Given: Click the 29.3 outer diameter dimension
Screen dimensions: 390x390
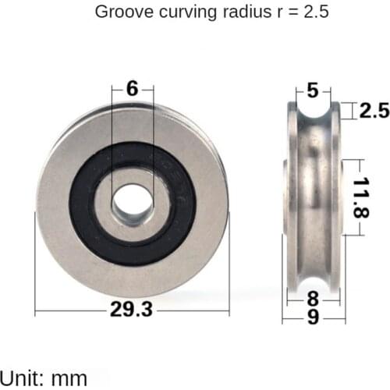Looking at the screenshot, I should (x=132, y=310).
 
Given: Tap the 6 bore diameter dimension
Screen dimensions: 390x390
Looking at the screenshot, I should (x=132, y=89).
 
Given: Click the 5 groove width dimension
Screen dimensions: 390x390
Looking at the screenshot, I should (x=313, y=90).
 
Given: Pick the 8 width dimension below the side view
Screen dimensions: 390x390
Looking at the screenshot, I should (x=313, y=297).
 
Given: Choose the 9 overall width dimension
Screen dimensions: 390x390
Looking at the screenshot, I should (x=313, y=317).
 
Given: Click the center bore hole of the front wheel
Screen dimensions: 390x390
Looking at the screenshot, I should (x=132, y=202).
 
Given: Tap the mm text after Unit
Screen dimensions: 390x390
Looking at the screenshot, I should (x=69, y=379).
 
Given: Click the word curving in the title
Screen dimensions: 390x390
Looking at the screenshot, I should (x=184, y=12).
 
